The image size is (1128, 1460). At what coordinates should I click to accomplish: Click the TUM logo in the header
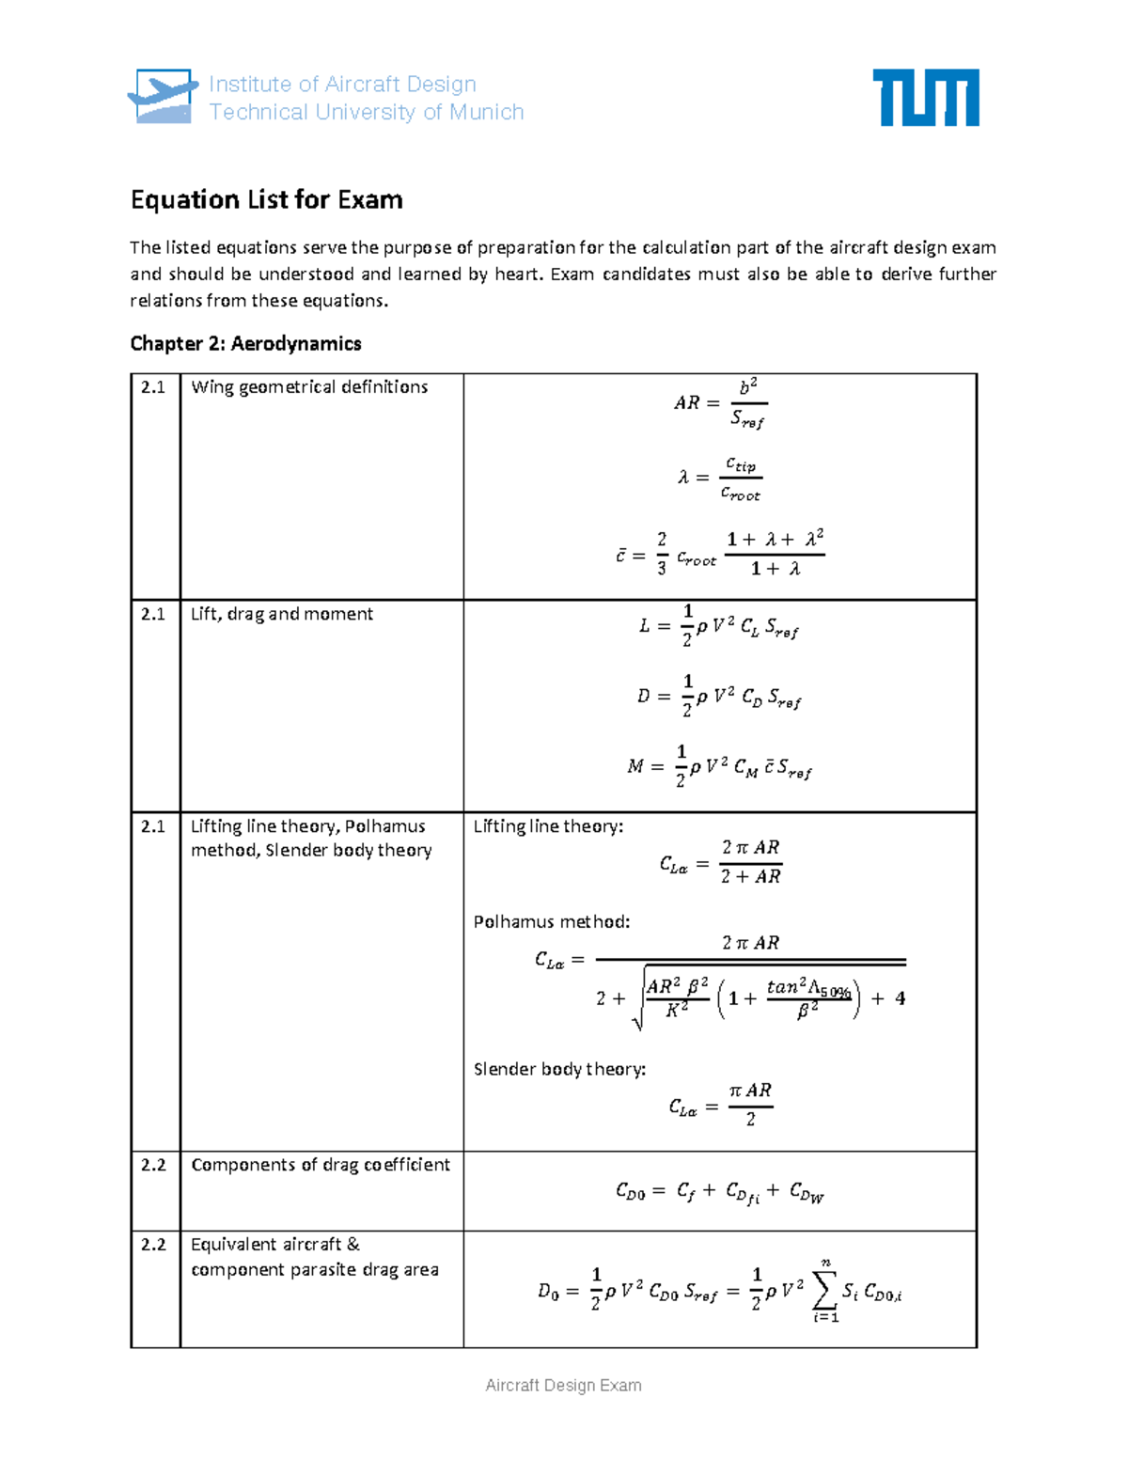(926, 97)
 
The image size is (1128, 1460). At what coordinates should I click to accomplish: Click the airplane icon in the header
(163, 96)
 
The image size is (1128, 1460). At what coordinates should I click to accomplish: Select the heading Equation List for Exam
(266, 199)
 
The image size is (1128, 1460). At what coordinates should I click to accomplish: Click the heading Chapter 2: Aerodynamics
(245, 343)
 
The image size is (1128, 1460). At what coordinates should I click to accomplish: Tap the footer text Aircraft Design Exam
(563, 1385)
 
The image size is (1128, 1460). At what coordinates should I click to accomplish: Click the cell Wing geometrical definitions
(309, 387)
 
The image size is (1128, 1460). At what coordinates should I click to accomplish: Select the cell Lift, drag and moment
(282, 614)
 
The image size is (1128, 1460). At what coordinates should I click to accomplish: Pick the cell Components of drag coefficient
(321, 1165)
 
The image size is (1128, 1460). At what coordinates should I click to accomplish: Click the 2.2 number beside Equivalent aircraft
(153, 1245)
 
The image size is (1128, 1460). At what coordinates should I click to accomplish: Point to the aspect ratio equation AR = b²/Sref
(720, 403)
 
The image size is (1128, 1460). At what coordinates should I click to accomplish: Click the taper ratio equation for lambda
(720, 479)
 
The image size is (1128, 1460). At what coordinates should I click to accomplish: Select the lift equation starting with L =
(719, 626)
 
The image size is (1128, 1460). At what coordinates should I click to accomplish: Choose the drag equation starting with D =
(719, 697)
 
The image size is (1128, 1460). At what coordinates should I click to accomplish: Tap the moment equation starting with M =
(719, 767)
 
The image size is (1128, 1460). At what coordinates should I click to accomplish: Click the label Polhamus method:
(552, 922)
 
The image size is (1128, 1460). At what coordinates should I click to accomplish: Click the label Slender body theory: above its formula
(559, 1070)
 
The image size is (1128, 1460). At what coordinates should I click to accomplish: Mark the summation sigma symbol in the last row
(823, 1290)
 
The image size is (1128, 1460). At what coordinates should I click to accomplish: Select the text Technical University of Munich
(367, 113)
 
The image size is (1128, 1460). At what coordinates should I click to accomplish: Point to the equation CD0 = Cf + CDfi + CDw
(720, 1192)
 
